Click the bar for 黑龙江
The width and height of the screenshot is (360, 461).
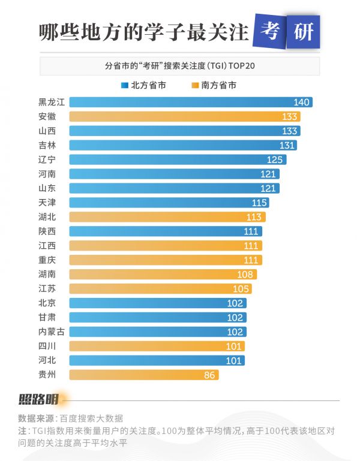tap(180, 102)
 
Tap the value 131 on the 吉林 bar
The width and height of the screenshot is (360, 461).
tap(287, 145)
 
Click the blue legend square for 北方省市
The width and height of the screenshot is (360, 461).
tap(125, 85)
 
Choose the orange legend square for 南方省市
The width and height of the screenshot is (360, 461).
tap(195, 85)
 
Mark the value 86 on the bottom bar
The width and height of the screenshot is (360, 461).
tap(209, 375)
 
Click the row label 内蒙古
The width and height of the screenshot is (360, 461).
tap(51, 332)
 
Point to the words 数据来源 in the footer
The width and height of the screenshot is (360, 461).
tap(35, 418)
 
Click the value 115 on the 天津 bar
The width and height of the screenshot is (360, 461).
tap(259, 203)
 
